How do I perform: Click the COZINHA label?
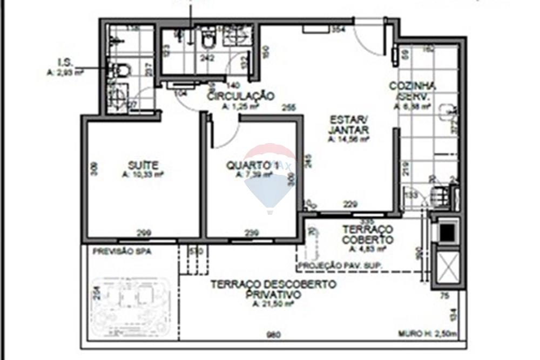[413, 86]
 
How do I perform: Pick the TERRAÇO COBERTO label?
[367, 235]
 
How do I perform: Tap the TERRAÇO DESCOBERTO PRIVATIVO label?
[273, 289]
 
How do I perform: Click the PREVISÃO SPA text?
[122, 252]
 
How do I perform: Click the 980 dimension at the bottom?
[274, 335]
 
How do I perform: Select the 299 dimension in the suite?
[144, 233]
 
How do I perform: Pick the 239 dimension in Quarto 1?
[252, 233]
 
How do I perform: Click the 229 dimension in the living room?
[351, 204]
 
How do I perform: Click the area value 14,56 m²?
[348, 139]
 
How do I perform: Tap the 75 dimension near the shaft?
[444, 295]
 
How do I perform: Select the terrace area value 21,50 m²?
[273, 304]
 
